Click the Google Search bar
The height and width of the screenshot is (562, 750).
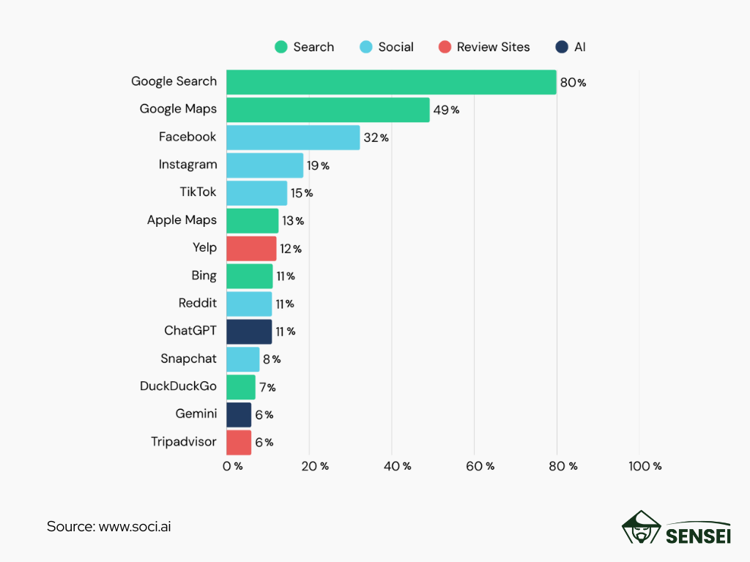[x=391, y=82]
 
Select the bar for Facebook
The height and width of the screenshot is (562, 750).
[x=293, y=138]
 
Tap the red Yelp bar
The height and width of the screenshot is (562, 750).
[x=251, y=249]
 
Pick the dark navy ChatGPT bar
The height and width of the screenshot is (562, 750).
[x=249, y=331]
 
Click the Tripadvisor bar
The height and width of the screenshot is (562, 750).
[x=239, y=443]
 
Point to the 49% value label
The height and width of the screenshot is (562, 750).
[x=445, y=110]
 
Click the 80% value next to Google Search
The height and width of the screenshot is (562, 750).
[x=573, y=83]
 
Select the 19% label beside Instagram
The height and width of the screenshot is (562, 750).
[x=318, y=166]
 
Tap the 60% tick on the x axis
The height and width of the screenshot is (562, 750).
[x=480, y=466]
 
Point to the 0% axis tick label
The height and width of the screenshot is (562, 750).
[x=233, y=466]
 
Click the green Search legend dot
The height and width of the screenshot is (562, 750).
[x=281, y=47]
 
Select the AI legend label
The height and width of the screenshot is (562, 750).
[x=579, y=47]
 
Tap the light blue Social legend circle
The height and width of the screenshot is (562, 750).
[x=365, y=47]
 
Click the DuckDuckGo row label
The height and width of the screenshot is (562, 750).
[x=178, y=386]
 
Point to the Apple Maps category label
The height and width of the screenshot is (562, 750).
[x=182, y=220]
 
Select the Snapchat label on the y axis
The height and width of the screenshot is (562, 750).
[x=188, y=359]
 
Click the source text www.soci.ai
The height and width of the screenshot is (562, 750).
[x=134, y=526]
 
